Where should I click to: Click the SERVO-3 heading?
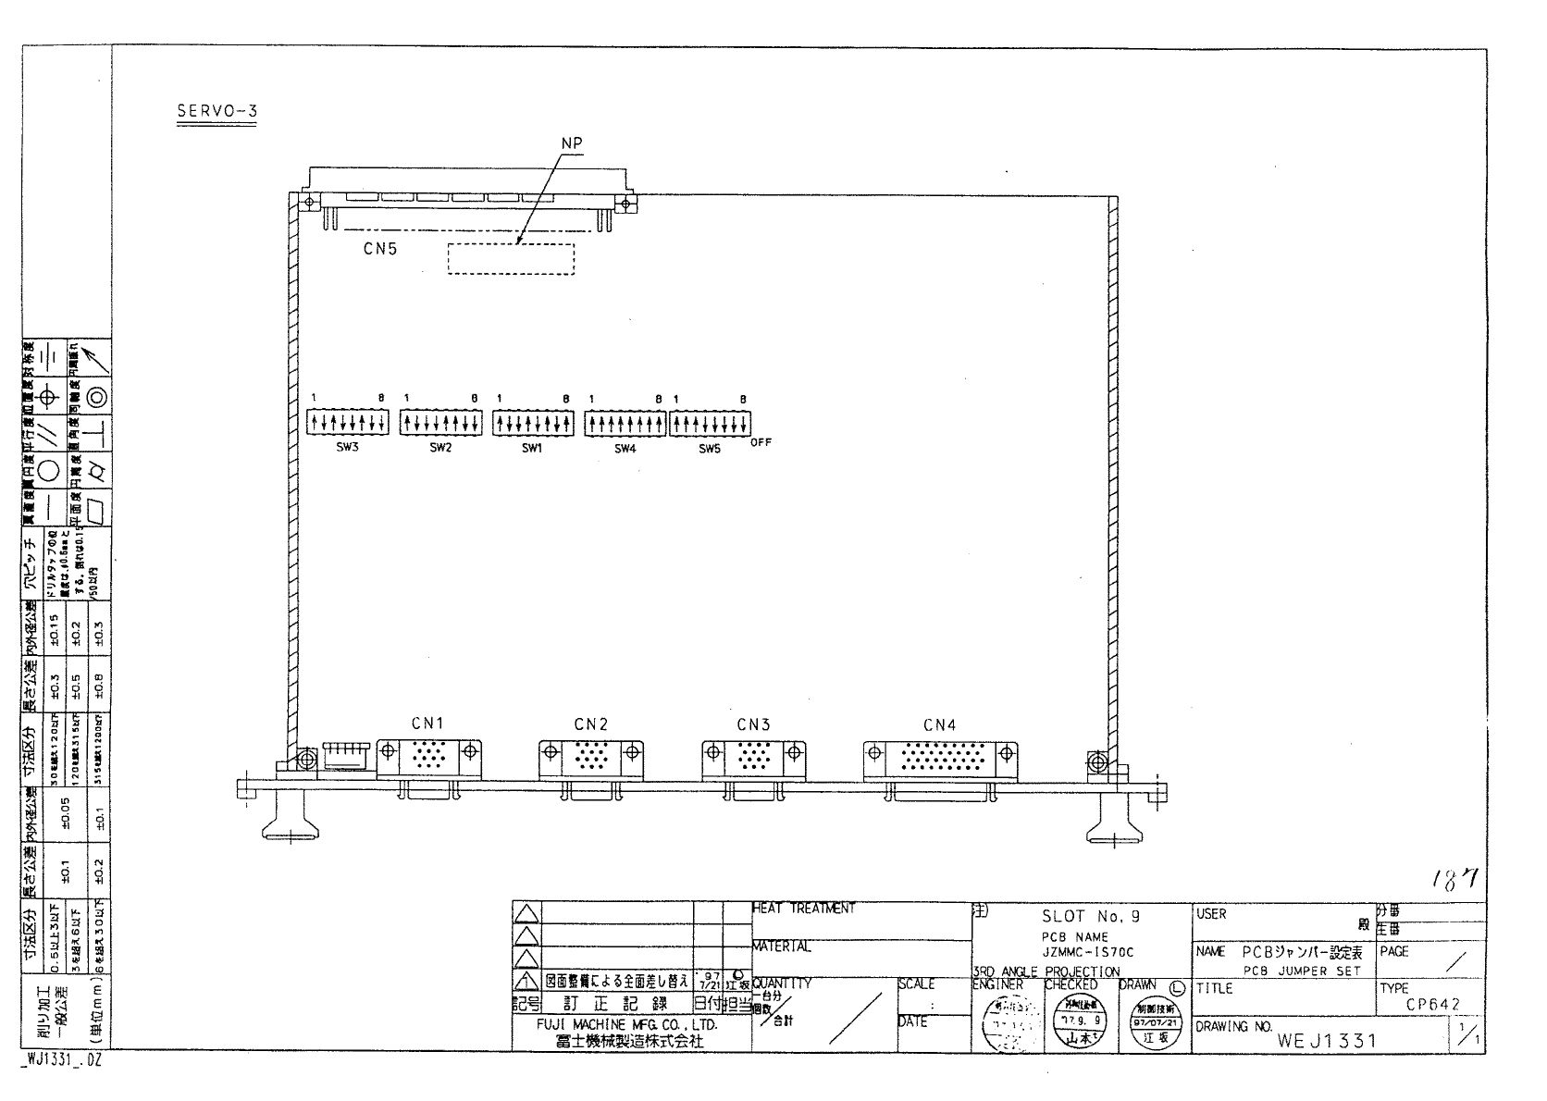pos(217,112)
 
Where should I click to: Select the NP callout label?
pos(572,143)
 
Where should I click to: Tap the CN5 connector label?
pos(379,249)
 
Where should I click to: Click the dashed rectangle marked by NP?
pos(511,259)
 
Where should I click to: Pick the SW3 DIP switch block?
pos(347,424)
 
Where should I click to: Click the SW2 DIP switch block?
pos(440,424)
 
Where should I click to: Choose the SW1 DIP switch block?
pos(533,424)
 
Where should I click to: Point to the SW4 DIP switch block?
pos(625,424)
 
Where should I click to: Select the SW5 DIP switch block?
pos(710,424)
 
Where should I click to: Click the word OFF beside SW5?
pos(761,442)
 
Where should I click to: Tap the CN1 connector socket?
pos(428,758)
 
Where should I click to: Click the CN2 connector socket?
pos(590,758)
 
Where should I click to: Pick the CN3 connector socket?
pos(753,758)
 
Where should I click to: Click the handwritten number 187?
pos(1454,880)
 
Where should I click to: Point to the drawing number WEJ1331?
pos(1327,1041)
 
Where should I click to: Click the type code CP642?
pos(1432,1005)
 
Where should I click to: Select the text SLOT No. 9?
pos(1091,917)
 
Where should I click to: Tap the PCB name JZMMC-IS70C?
pos(1087,952)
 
